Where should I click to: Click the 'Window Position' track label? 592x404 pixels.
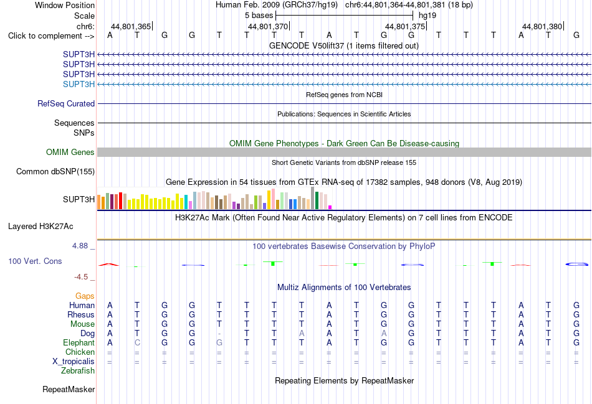point(65,5)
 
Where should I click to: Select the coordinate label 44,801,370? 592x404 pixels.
point(268,26)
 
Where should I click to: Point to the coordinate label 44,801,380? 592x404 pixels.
point(542,26)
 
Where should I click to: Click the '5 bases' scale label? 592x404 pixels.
point(259,16)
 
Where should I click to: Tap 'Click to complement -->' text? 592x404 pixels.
point(51,36)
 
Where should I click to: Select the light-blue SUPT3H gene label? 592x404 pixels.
point(79,84)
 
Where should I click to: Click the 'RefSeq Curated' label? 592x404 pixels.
point(65,104)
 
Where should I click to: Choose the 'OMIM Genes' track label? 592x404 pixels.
point(70,152)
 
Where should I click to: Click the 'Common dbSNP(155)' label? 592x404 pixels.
point(55,172)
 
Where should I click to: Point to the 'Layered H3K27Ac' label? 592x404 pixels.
point(41,227)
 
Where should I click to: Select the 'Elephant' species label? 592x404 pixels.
point(79,343)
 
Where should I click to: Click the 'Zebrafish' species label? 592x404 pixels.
point(78,371)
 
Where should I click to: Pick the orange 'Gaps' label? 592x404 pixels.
point(85,296)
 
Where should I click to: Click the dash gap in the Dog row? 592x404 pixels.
point(219,334)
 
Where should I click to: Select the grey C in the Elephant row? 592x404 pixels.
point(137,343)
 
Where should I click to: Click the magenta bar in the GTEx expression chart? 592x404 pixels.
point(330,207)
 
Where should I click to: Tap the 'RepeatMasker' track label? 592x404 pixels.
point(69,389)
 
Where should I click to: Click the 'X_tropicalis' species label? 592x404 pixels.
point(74,362)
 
